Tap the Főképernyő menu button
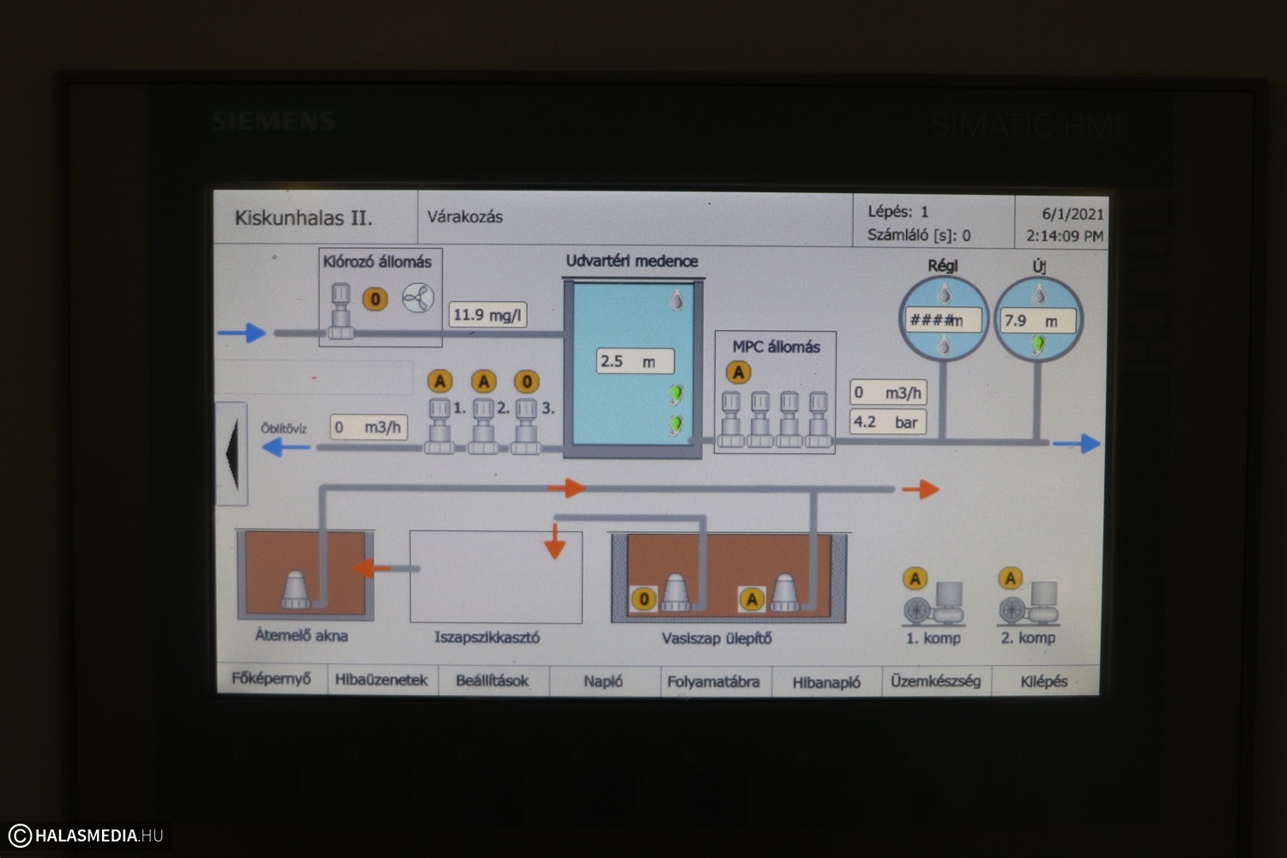click(x=271, y=679)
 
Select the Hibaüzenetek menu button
click(x=381, y=680)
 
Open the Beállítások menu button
click(x=492, y=680)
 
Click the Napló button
click(x=603, y=681)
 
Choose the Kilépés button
click(x=1043, y=681)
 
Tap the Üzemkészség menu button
click(x=935, y=680)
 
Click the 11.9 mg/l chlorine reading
click(x=487, y=315)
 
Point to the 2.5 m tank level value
click(x=634, y=361)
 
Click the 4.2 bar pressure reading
click(x=886, y=422)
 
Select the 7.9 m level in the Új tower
click(x=1036, y=321)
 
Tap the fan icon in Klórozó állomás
click(x=418, y=298)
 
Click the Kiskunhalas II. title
click(x=304, y=218)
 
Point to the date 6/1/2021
click(x=1072, y=214)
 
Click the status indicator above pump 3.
click(x=526, y=381)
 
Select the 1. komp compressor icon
click(x=933, y=602)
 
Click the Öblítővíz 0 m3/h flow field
click(x=368, y=427)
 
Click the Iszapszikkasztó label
click(x=486, y=637)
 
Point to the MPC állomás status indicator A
click(x=738, y=372)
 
